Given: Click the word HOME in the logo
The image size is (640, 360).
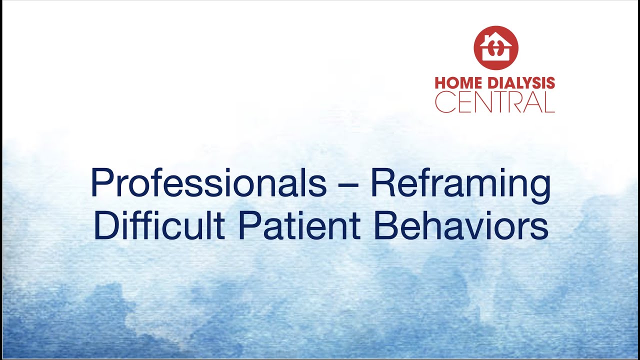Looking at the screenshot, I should (455, 83).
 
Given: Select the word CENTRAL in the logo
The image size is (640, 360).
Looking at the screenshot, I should (494, 102).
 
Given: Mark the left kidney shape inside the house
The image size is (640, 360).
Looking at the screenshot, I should (491, 50).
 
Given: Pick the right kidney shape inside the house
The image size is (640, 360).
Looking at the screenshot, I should (499, 50).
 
